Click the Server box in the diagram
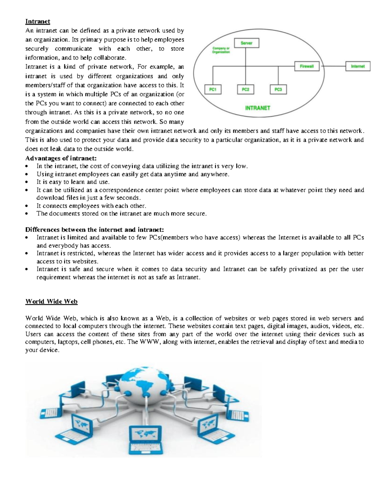[246, 43]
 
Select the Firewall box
[307, 67]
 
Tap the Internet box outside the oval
[357, 67]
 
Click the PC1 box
[213, 90]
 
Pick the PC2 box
[245, 90]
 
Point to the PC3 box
[278, 90]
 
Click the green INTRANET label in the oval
[258, 108]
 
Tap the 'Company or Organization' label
[221, 50]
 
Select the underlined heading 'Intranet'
[38, 21]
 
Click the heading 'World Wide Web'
[51, 301]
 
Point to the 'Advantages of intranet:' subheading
[61, 158]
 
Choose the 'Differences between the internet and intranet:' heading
[94, 229]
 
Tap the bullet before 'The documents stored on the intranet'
[28, 214]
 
